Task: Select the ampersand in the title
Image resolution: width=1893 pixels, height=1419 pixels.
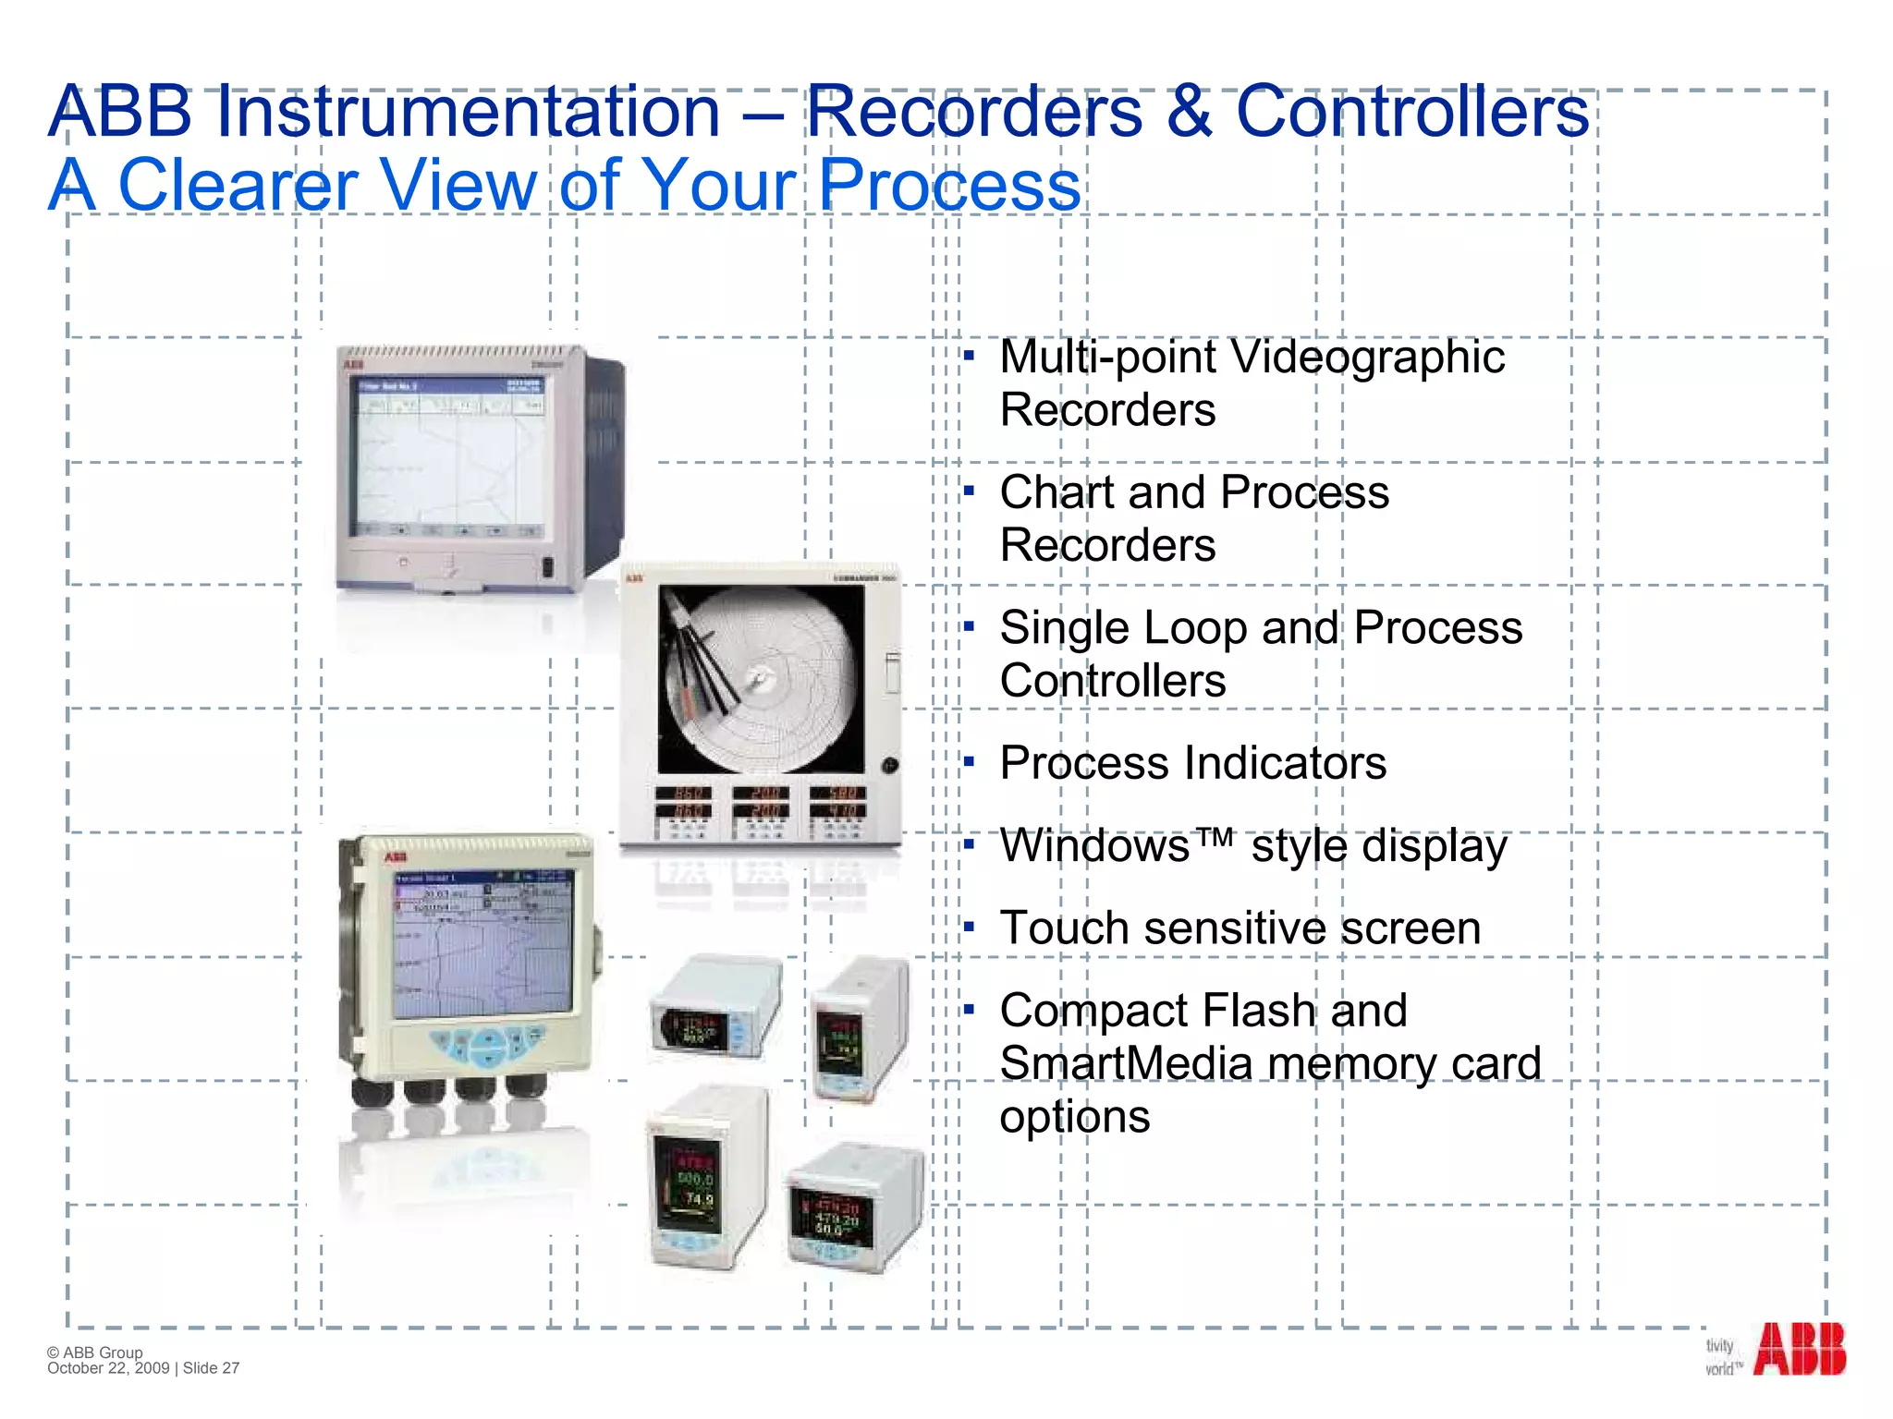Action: (x=1189, y=113)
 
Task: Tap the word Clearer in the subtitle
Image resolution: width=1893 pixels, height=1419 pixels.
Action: (x=238, y=185)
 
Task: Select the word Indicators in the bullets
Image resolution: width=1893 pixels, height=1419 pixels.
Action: (x=1286, y=764)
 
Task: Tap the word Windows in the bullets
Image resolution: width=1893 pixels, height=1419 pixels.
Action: (x=1094, y=846)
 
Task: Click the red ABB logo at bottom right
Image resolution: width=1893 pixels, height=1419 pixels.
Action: (x=1799, y=1350)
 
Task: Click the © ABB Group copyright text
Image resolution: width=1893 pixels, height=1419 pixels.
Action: (x=95, y=1352)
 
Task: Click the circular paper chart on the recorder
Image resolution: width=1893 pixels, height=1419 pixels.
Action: (x=761, y=680)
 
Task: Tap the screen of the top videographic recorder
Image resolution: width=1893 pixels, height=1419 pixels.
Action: (x=450, y=459)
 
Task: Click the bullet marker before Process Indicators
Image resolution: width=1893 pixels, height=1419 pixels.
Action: (x=969, y=762)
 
